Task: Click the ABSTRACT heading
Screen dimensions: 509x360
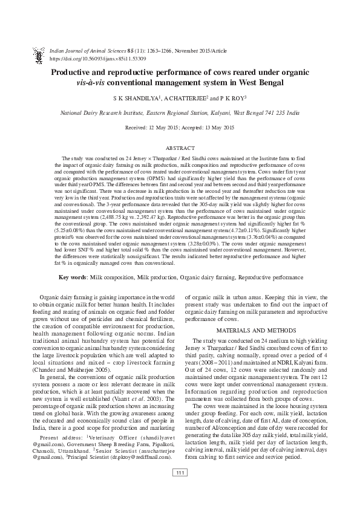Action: [180, 148]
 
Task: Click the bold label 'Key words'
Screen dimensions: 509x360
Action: [72, 277]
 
